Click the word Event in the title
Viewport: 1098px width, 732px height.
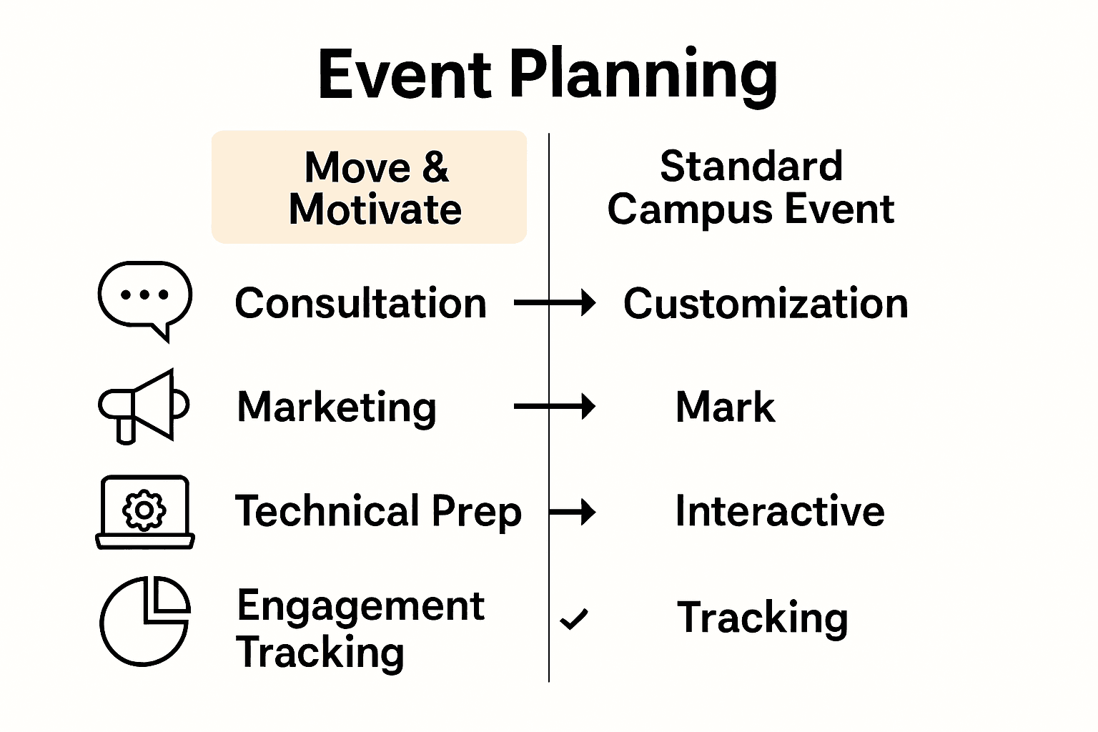click(x=405, y=75)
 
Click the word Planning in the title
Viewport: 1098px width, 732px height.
click(x=643, y=75)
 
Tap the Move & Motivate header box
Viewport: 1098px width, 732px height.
click(x=369, y=187)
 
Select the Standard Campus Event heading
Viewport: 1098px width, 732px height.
click(x=751, y=187)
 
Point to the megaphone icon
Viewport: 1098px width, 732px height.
click(x=143, y=406)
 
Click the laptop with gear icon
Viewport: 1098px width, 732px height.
click(x=145, y=512)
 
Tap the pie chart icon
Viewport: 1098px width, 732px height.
click(x=145, y=620)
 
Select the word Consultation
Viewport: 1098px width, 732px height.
click(x=361, y=303)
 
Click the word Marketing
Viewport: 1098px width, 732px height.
click(x=337, y=407)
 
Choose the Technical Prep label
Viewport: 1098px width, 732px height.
click(x=378, y=512)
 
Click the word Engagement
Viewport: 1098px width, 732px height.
click(x=361, y=606)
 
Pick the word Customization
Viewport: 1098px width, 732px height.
click(x=766, y=303)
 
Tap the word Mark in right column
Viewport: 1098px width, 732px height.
click(x=725, y=407)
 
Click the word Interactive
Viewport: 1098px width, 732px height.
click(x=780, y=512)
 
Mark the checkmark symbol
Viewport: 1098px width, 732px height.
click(x=574, y=619)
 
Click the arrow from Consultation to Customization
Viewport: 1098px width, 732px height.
click(x=555, y=303)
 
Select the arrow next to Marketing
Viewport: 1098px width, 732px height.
click(x=555, y=407)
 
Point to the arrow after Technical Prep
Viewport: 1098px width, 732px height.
click(x=573, y=512)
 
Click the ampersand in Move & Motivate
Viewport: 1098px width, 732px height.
click(x=435, y=167)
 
